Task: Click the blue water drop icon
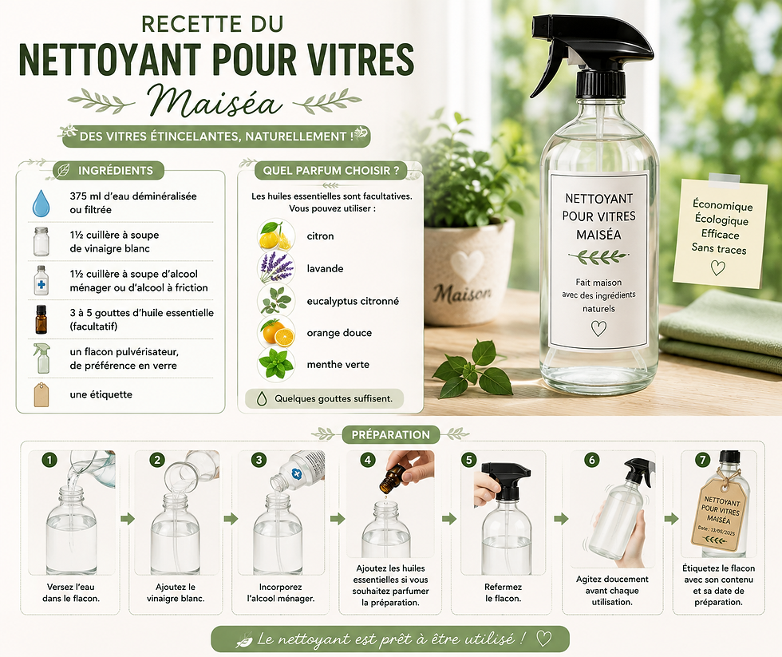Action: [x=41, y=203]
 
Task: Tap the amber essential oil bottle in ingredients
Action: [x=41, y=320]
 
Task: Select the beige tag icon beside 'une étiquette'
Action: [x=41, y=394]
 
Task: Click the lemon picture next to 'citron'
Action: [x=276, y=236]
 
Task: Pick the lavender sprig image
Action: [x=276, y=268]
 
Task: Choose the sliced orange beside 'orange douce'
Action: [x=276, y=333]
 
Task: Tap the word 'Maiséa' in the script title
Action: [x=215, y=101]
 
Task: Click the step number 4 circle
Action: [x=368, y=460]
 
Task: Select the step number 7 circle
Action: [x=703, y=460]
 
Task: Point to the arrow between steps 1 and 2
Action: [x=128, y=519]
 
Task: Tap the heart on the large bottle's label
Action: [x=598, y=328]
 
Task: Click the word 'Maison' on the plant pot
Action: [x=462, y=293]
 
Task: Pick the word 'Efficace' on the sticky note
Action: [x=720, y=234]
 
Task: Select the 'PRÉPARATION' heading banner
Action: [x=390, y=434]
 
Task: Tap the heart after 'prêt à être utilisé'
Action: [x=543, y=639]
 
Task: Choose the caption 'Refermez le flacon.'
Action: [x=503, y=592]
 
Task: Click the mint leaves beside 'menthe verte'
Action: [x=276, y=364]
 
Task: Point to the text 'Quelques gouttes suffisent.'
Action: [x=334, y=398]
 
